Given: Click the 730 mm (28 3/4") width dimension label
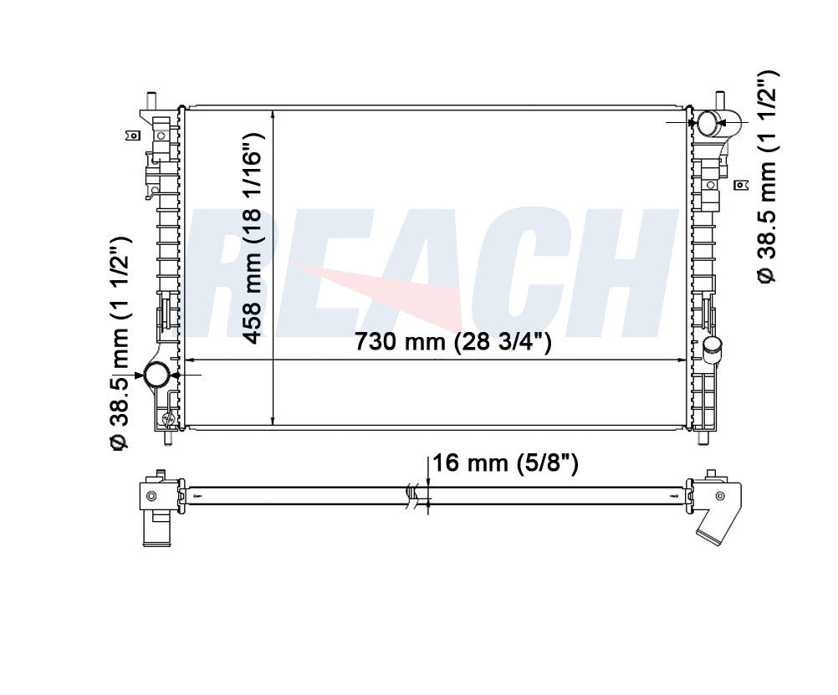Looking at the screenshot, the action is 452,341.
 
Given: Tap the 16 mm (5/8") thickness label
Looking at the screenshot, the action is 506,463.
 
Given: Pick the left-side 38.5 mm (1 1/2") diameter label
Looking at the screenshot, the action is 120,345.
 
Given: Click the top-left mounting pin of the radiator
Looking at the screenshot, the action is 151,100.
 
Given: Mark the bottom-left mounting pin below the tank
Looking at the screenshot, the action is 168,437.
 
